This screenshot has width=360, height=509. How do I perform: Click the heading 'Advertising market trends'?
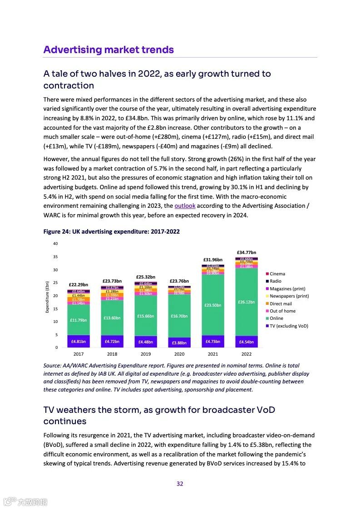(x=108, y=49)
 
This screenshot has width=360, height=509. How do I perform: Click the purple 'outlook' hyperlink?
(x=185, y=206)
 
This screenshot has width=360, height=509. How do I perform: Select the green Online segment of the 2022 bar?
(x=246, y=302)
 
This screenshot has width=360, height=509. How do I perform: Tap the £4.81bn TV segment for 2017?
(x=78, y=341)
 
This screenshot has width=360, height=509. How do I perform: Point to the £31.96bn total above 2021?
(x=212, y=259)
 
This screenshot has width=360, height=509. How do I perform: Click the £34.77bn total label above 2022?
(x=246, y=252)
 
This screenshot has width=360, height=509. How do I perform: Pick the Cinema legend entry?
(x=277, y=274)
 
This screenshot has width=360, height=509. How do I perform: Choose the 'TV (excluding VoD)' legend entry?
(x=289, y=326)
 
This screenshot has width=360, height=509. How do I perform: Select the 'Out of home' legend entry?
(x=282, y=311)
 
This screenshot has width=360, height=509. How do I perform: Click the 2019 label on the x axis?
(x=145, y=354)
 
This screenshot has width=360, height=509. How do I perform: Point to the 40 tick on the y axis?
(x=55, y=244)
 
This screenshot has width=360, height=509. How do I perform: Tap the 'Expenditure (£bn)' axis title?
(x=47, y=297)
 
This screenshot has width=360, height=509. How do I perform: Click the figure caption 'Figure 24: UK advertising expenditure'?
(x=111, y=231)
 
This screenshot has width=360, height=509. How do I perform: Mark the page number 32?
(x=180, y=484)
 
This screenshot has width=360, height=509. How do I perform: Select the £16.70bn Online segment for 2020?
(x=179, y=316)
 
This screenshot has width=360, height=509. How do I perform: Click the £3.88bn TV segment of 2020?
(x=179, y=343)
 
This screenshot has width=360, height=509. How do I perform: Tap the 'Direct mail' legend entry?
(x=281, y=303)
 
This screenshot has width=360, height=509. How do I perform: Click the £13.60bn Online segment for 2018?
(x=112, y=318)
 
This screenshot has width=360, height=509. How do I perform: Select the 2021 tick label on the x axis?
(x=212, y=354)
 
